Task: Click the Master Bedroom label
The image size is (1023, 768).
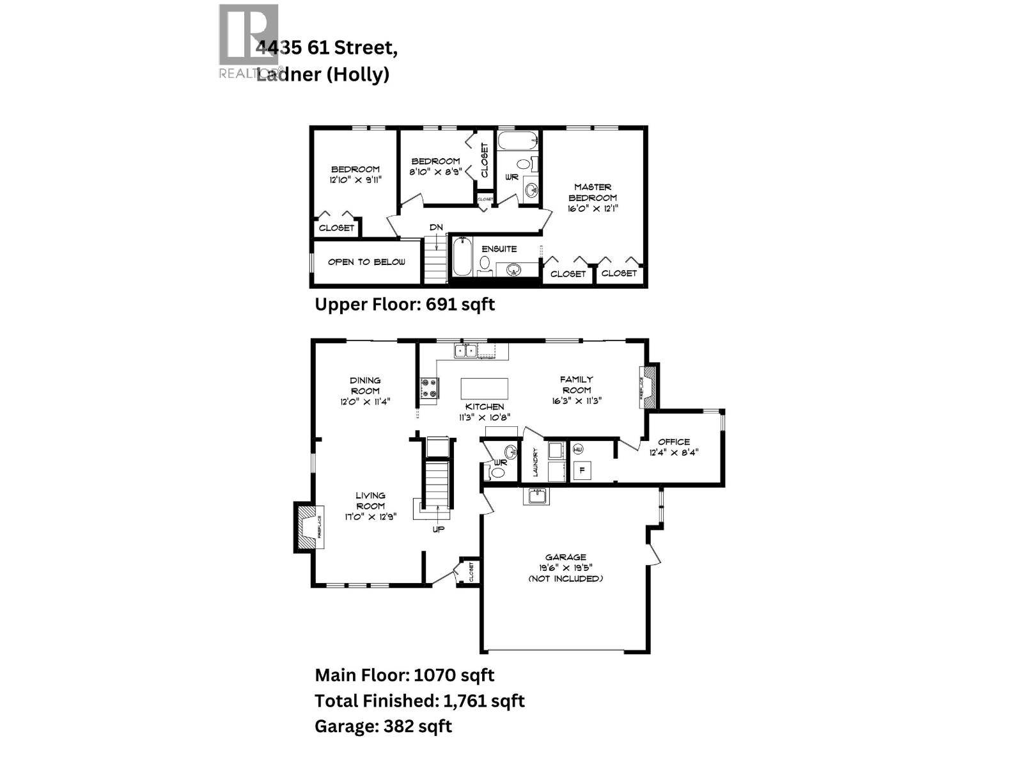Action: tap(593, 193)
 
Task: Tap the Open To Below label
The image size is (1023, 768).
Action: tap(366, 262)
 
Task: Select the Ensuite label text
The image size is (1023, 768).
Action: tap(499, 249)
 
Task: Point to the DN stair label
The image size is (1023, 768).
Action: tap(436, 227)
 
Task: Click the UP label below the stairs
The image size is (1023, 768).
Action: tap(439, 529)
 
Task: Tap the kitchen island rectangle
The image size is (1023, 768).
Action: tap(485, 388)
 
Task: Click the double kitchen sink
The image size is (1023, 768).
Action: tap(465, 350)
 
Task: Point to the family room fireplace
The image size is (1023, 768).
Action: tap(648, 387)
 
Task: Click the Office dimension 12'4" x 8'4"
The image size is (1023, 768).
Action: tap(674, 452)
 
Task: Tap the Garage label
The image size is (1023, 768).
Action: tap(565, 557)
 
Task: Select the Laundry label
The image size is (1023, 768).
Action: tap(535, 463)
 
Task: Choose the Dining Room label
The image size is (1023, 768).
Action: tap(365, 385)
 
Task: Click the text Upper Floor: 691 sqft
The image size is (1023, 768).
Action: tap(405, 304)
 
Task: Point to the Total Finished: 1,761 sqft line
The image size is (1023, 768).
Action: tap(419, 701)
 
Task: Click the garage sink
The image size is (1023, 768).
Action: tap(536, 496)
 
